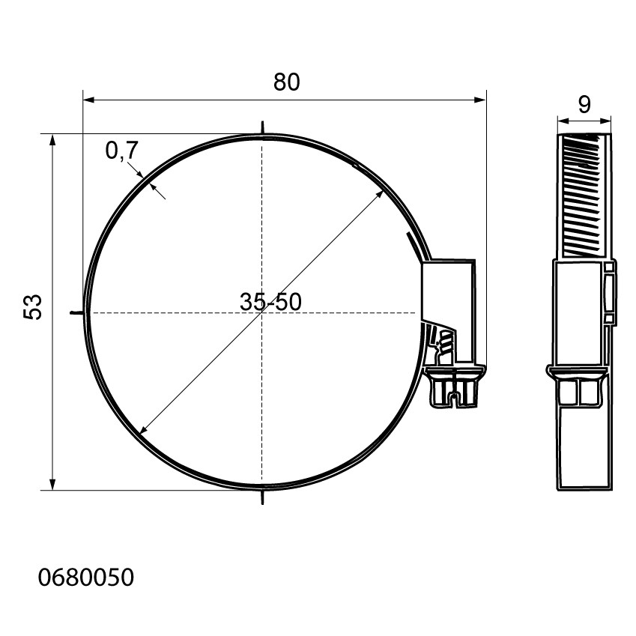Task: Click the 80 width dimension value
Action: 286,82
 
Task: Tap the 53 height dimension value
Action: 33,307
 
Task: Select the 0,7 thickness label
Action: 122,151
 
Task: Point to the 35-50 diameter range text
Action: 270,302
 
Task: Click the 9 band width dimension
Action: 584,105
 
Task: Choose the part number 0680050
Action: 85,577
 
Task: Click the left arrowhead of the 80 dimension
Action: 88,100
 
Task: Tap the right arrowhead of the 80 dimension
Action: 480,100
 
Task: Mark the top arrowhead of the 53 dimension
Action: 52,141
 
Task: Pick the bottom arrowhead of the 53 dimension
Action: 52,484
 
